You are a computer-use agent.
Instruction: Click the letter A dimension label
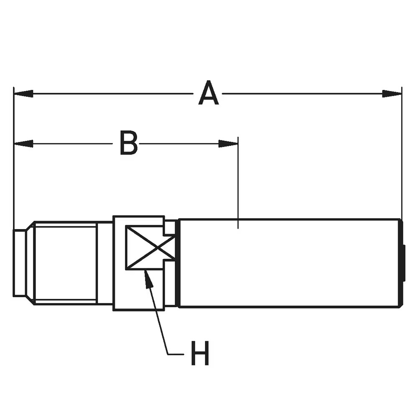pos(209,92)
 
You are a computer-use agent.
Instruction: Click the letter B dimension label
pos(129,143)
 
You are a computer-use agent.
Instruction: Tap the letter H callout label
pos(200,353)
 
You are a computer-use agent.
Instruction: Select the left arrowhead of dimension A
pos(23,94)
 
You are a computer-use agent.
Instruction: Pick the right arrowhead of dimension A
pos(392,94)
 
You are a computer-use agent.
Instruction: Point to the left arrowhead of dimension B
pos(23,144)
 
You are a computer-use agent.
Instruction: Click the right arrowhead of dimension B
pos(228,144)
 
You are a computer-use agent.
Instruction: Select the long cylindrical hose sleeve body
pos(290,263)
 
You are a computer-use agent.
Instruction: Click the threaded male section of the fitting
pos(66,263)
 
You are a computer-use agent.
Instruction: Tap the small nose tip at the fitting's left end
pos(20,263)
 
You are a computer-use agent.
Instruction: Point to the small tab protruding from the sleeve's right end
pos(404,263)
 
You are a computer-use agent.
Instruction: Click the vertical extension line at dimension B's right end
pos(238,183)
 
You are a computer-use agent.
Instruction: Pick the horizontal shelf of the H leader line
pos(176,354)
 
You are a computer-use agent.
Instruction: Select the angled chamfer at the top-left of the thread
pos(30,225)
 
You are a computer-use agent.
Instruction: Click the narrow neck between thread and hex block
pos(105,263)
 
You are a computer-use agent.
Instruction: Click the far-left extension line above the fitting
pos(13,158)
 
